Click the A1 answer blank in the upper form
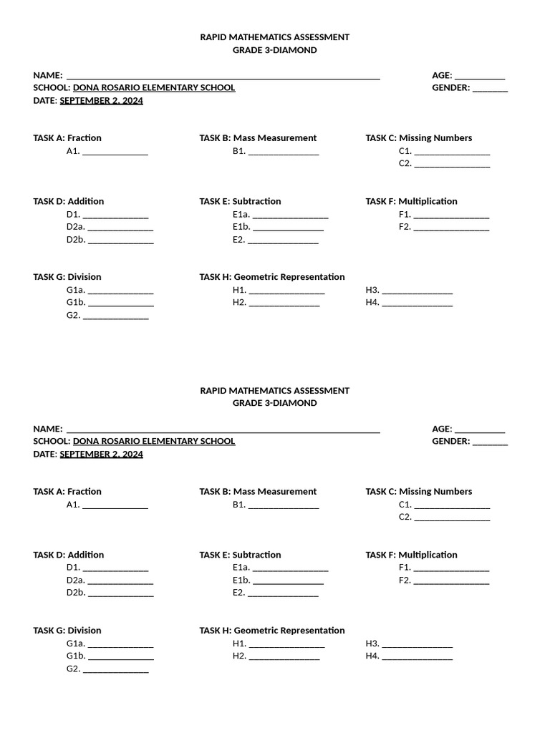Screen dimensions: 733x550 pyautogui.click(x=115, y=152)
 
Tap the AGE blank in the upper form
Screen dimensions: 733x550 pyautogui.click(x=480, y=76)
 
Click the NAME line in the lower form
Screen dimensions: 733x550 pyautogui.click(x=223, y=429)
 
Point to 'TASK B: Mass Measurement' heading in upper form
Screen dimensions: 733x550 pyautogui.click(x=258, y=138)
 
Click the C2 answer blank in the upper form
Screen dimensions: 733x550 pyautogui.click(x=452, y=164)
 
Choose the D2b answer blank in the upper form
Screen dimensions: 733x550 pyautogui.click(x=120, y=241)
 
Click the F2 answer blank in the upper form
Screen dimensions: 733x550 pyautogui.click(x=451, y=228)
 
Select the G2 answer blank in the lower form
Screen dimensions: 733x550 pyautogui.click(x=115, y=670)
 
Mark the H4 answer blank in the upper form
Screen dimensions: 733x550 pyautogui.click(x=417, y=304)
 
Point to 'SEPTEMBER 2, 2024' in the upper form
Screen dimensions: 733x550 pyautogui.click(x=101, y=101)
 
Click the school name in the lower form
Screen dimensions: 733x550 pyautogui.click(x=154, y=442)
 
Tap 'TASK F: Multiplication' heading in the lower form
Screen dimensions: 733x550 pyautogui.click(x=411, y=555)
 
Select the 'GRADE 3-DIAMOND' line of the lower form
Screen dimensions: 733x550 pyautogui.click(x=274, y=403)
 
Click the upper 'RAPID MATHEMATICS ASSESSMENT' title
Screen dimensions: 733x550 pyautogui.click(x=274, y=37)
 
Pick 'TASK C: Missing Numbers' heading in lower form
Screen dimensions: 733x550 pyautogui.click(x=418, y=492)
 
